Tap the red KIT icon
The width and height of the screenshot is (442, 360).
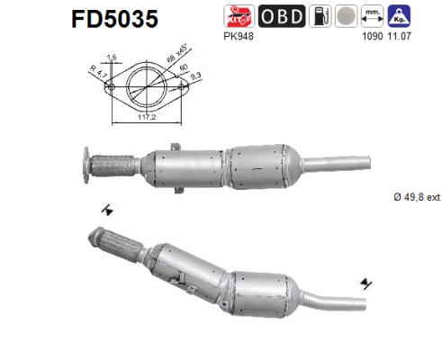(x=237, y=16)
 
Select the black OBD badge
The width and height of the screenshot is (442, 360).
(x=282, y=16)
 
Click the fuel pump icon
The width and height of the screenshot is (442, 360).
(x=318, y=16)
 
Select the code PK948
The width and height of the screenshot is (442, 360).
(x=235, y=38)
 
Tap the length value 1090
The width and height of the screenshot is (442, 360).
(x=372, y=38)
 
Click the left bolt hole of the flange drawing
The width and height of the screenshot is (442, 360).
(x=112, y=87)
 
